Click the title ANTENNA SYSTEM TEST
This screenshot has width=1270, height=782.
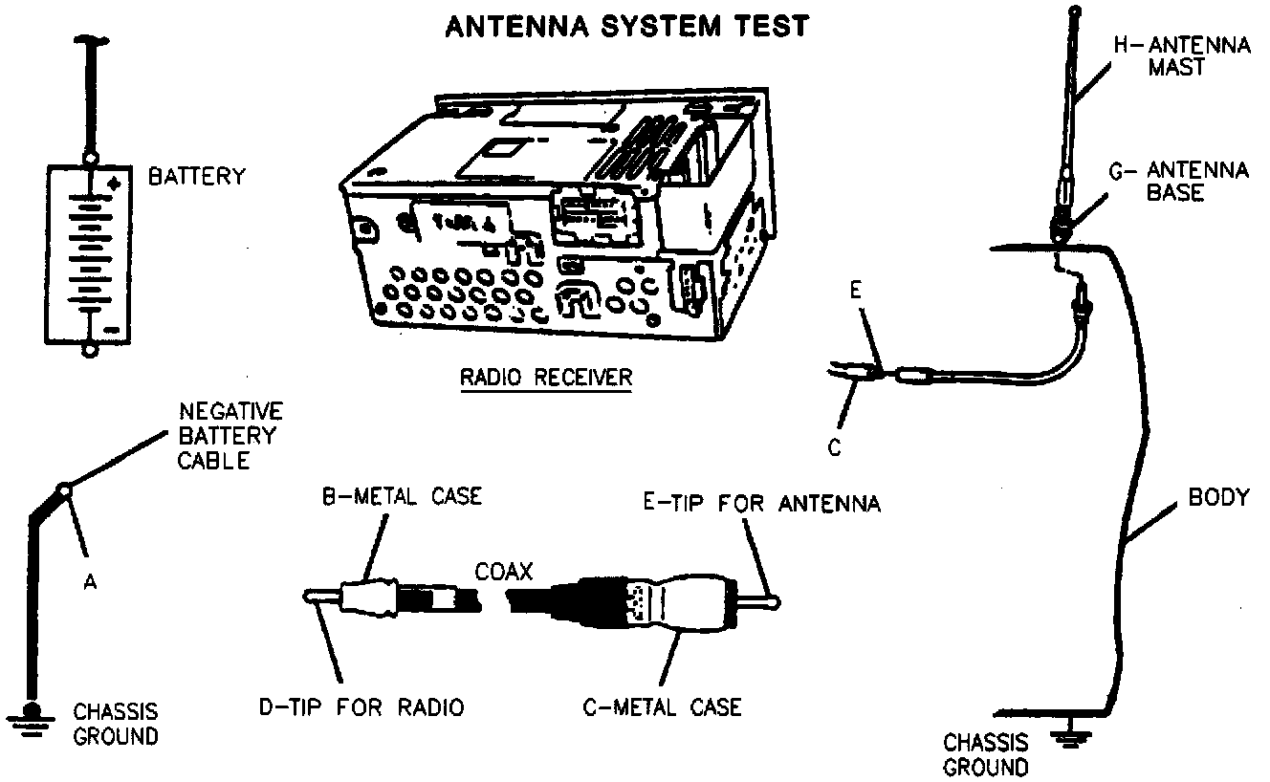tap(626, 26)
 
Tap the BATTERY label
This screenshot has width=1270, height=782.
tap(196, 176)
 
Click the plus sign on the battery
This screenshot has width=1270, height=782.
tap(116, 183)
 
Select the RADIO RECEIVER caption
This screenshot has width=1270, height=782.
tap(546, 377)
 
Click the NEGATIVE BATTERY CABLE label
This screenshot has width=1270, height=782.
tap(230, 436)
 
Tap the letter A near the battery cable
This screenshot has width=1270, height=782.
tap(90, 582)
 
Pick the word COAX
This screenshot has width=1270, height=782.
tap(503, 572)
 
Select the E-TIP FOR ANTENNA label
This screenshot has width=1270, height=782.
tap(761, 504)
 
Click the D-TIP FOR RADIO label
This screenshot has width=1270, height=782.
tap(361, 707)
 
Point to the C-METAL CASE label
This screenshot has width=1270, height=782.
tap(662, 707)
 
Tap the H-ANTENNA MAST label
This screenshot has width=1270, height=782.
tap(1182, 56)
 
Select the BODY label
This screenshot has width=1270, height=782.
tap(1218, 497)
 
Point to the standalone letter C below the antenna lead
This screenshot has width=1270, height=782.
tap(834, 449)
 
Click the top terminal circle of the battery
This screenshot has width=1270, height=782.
tap(91, 157)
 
